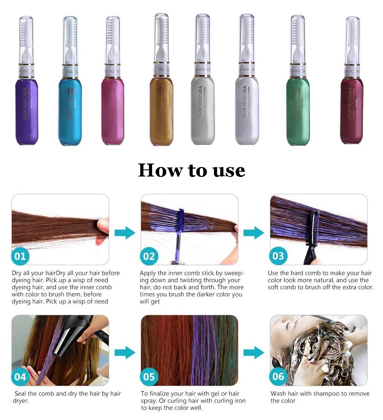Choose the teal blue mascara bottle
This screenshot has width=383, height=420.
tap(70, 112)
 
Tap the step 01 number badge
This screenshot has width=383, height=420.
tap(20, 256)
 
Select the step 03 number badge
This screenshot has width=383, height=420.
tap(278, 256)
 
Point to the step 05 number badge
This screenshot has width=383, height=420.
tap(149, 377)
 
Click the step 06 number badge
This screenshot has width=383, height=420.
tap(278, 377)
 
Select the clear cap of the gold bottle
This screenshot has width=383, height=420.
tap(161, 37)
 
